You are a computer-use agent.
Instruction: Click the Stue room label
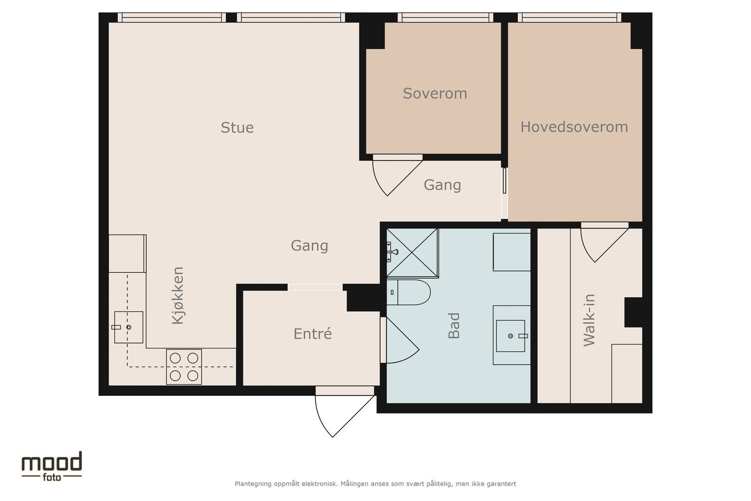point(237,128)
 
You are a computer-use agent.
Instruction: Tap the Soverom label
point(435,93)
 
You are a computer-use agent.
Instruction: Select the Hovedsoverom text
point(574,127)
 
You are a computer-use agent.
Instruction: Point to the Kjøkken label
point(178,295)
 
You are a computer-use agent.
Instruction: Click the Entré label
point(312,334)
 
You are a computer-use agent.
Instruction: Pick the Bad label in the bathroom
point(454,325)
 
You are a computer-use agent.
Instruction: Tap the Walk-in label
point(589,320)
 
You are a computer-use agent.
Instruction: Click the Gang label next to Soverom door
point(442,185)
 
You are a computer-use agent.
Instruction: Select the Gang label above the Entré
point(309,246)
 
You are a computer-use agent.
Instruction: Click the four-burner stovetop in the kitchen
point(184,367)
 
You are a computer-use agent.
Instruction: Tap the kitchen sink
point(128,327)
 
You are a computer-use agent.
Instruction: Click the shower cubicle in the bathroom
point(412,253)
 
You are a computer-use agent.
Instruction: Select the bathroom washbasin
point(511,336)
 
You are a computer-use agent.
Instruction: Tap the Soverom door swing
point(392,176)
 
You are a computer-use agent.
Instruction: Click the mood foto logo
point(52,466)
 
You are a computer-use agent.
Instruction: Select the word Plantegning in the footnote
point(253,484)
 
